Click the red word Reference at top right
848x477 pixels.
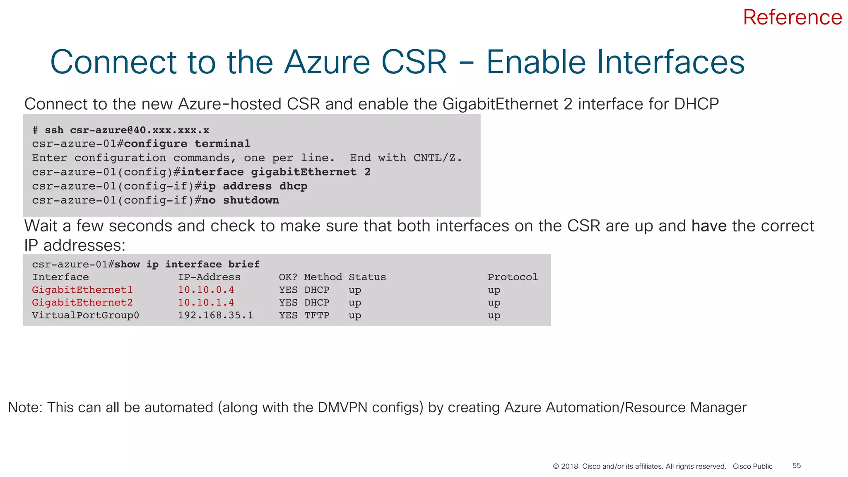click(792, 17)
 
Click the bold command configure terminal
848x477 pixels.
click(187, 144)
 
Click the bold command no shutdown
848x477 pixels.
click(240, 200)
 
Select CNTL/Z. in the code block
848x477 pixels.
click(437, 158)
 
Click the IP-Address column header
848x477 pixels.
click(209, 277)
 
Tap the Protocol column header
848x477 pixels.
click(513, 277)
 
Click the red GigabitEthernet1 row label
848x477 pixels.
click(82, 290)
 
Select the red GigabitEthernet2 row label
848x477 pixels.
click(82, 303)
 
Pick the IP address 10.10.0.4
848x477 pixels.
click(206, 290)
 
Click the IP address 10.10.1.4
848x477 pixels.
click(206, 303)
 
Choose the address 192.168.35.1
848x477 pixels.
click(215, 316)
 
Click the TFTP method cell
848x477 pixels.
click(317, 316)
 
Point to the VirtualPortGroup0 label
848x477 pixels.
click(86, 316)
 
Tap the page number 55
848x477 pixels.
click(796, 466)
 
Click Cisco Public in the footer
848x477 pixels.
click(752, 466)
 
